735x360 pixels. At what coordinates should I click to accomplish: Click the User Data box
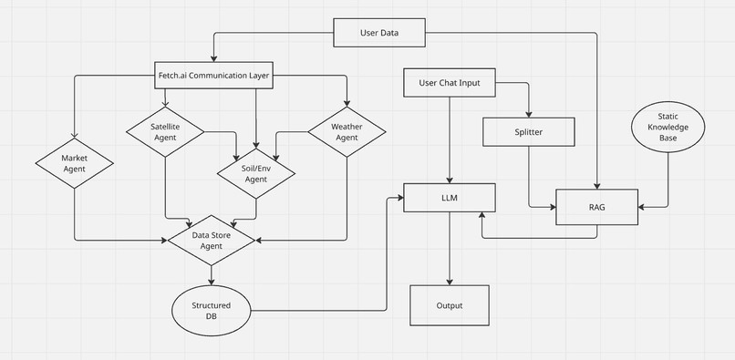pyautogui.click(x=378, y=34)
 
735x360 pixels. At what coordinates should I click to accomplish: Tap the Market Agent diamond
pyautogui.click(x=74, y=164)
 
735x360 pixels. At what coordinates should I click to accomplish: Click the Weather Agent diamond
pyautogui.click(x=346, y=131)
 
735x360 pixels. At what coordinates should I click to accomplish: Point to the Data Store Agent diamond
pyautogui.click(x=212, y=240)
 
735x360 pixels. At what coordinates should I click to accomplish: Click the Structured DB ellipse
pyautogui.click(x=211, y=310)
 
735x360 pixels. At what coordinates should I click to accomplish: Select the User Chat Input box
pyautogui.click(x=449, y=85)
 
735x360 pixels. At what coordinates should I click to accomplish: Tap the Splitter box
pyautogui.click(x=528, y=132)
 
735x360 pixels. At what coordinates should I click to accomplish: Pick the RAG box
pyautogui.click(x=597, y=208)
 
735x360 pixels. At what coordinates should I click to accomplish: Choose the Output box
pyautogui.click(x=449, y=306)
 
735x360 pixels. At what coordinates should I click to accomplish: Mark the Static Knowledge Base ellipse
pyautogui.click(x=668, y=128)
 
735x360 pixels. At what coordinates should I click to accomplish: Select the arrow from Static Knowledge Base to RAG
pyautogui.click(x=668, y=182)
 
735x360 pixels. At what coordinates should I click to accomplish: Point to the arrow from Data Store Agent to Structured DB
pyautogui.click(x=212, y=276)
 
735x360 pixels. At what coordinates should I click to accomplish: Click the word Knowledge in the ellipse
pyautogui.click(x=668, y=128)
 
